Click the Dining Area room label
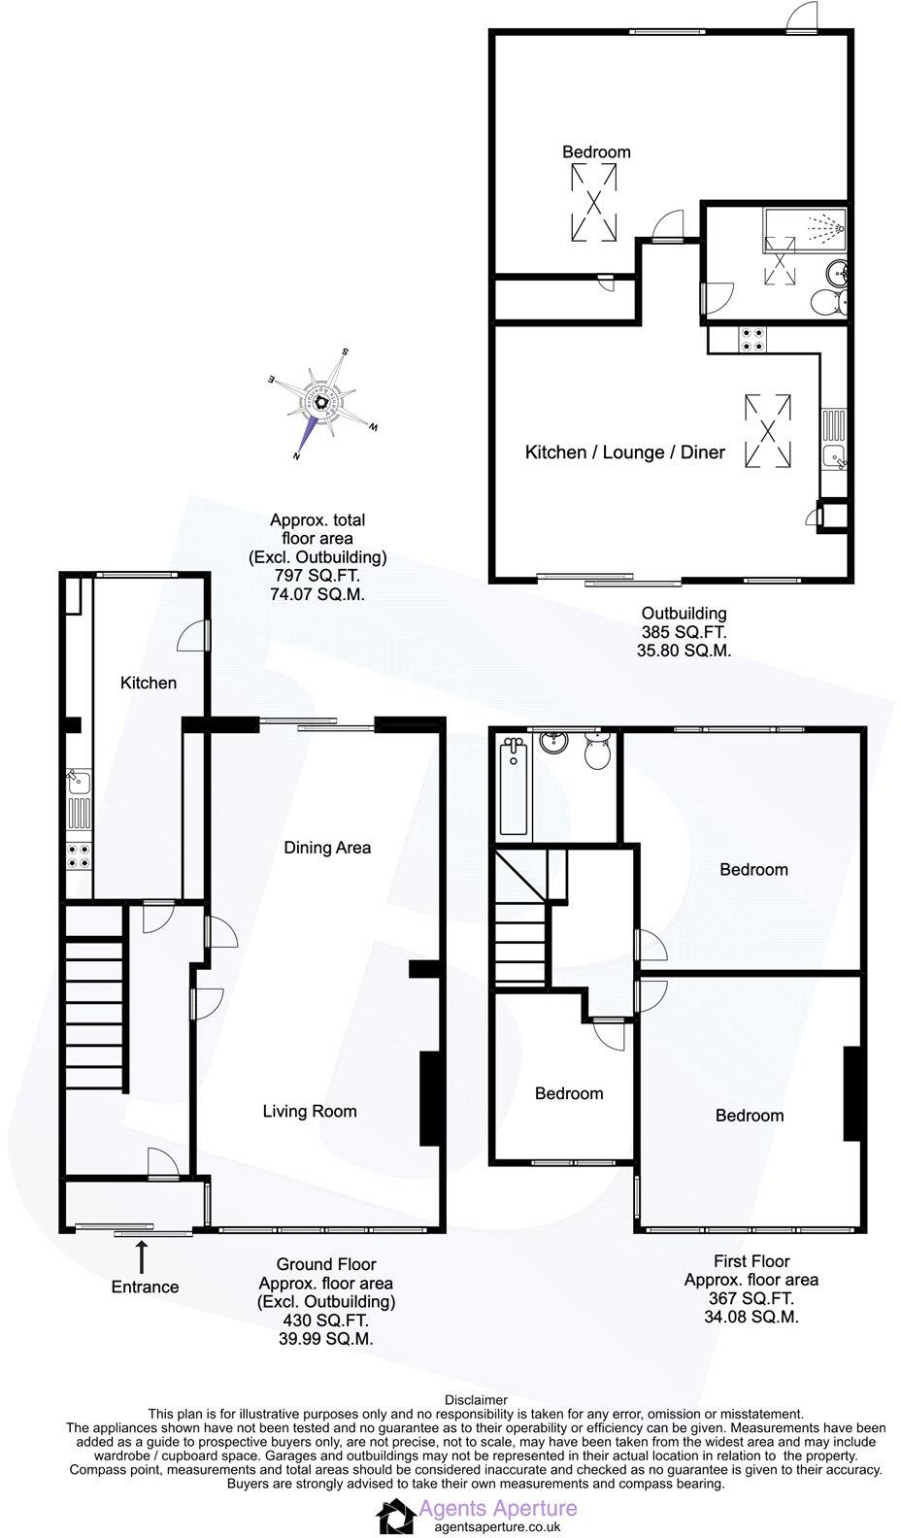pos(327,848)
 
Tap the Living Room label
pos(310,1112)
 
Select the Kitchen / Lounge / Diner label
pos(624,452)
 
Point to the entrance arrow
pos(143,1254)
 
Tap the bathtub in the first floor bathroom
pos(513,786)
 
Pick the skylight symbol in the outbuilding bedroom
pos(593,201)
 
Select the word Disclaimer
pos(476,1400)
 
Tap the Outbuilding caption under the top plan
pos(684,614)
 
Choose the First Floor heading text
pos(751,1261)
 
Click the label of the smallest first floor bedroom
pos(569,1093)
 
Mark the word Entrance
pos(145,1287)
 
